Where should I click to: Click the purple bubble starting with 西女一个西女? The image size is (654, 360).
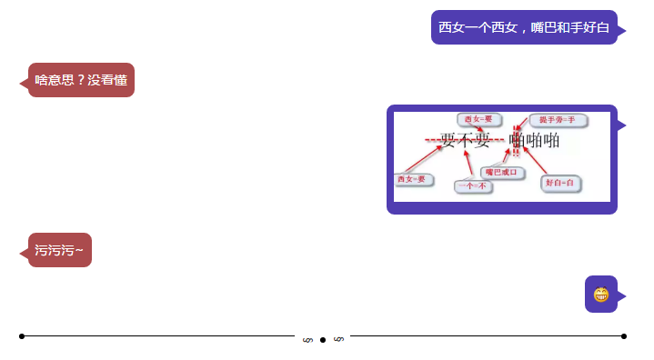tap(524, 27)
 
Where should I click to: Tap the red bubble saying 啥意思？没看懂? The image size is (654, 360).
tap(81, 80)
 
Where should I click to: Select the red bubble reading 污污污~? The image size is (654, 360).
tap(60, 250)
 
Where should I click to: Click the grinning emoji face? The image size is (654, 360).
tap(600, 295)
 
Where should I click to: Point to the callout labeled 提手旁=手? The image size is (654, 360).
tap(556, 119)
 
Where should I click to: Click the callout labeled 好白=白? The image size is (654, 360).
tap(559, 183)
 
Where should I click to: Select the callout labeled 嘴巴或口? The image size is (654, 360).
tap(500, 171)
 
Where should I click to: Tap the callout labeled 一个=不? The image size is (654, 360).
tap(472, 186)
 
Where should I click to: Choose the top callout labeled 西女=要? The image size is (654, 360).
tap(478, 119)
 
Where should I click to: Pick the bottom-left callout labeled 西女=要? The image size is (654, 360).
tap(410, 179)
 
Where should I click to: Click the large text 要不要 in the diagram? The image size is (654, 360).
tap(465, 141)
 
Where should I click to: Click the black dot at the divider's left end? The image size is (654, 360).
tap(22, 336)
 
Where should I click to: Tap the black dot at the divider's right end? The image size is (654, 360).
tap(624, 336)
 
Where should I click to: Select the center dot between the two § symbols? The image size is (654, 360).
tap(323, 340)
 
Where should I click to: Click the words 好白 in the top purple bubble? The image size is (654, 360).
tap(595, 27)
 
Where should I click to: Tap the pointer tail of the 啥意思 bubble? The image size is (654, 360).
tap(24, 83)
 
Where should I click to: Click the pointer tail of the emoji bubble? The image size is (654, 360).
tap(622, 295)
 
